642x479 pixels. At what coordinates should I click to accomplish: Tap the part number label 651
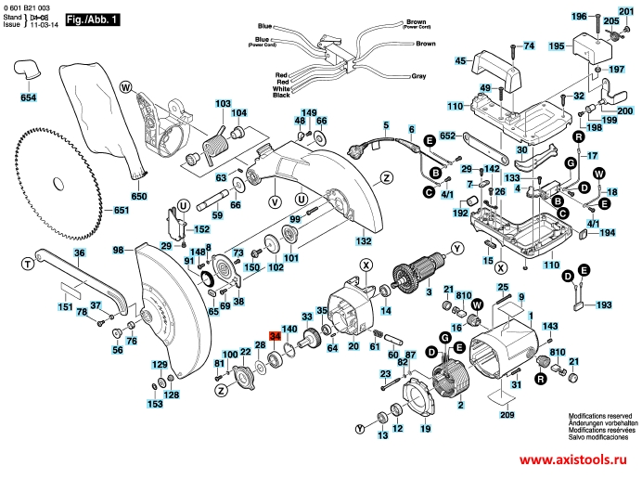click(122, 211)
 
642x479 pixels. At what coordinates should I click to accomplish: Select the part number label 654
click(29, 97)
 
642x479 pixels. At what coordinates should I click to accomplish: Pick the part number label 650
click(139, 196)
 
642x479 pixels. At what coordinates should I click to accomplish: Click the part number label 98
click(119, 251)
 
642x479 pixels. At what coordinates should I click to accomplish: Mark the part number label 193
click(604, 304)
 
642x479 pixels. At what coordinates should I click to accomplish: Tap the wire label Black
click(282, 96)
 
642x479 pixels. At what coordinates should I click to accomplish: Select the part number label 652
click(450, 136)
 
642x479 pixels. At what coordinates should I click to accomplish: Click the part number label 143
click(550, 327)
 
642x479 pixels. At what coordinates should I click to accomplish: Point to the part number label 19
click(426, 430)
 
